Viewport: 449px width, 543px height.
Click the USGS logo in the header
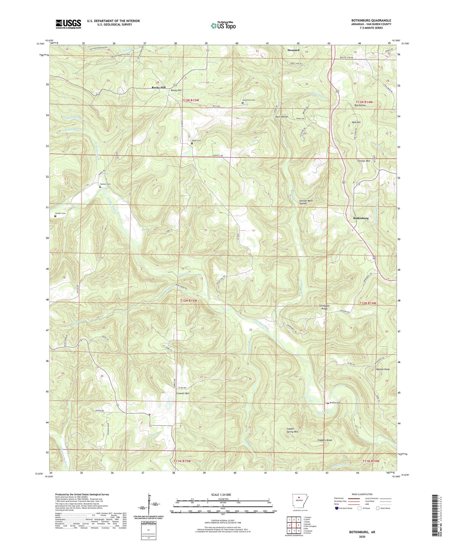pyautogui.click(x=68, y=24)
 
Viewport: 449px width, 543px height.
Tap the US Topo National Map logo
pyautogui.click(x=223, y=26)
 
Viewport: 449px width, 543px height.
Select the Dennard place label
pyautogui.click(x=293, y=50)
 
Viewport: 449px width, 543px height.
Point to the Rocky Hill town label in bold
pyautogui.click(x=158, y=88)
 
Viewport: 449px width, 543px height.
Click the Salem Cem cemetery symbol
pyautogui.click(x=192, y=143)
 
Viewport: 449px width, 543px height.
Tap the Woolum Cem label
pyautogui.click(x=105, y=184)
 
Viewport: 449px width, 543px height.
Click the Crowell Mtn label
pyautogui.click(x=182, y=393)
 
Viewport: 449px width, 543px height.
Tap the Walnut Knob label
pyautogui.click(x=383, y=369)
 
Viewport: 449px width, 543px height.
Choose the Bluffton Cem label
pyautogui.click(x=335, y=403)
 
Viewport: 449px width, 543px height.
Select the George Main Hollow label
pyautogui.click(x=306, y=202)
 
